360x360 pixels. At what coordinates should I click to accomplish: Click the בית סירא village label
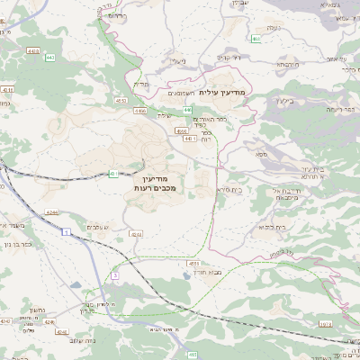point(230,191)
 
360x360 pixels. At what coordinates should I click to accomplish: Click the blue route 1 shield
point(67,231)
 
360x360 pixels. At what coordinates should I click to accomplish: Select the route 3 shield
point(114,274)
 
